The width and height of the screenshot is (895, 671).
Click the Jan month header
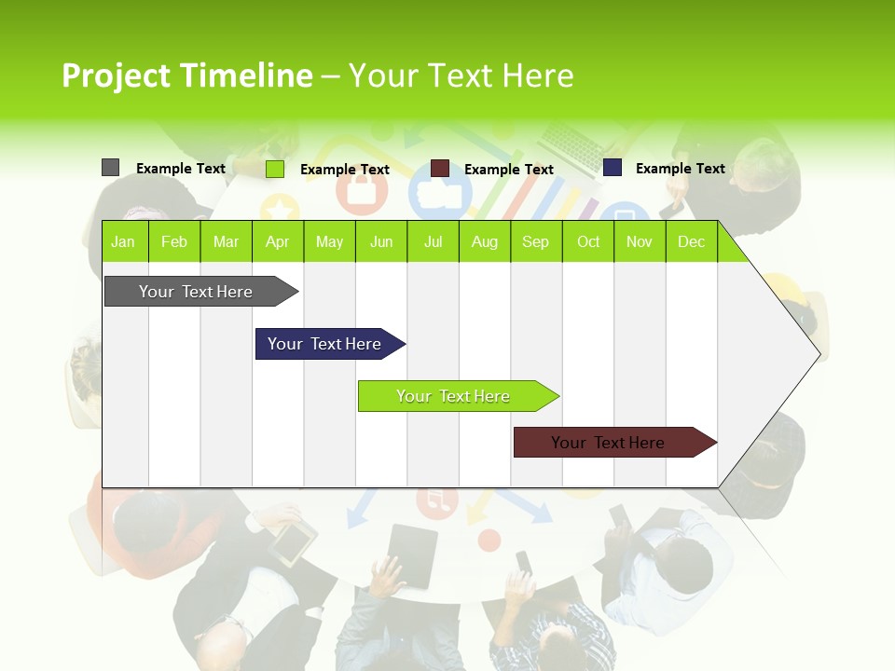123,241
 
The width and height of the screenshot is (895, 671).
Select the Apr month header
277,241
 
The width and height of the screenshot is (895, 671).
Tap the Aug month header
484,241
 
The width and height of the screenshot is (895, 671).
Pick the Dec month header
691,241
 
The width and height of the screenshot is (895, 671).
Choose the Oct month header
587,241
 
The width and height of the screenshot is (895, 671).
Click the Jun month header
380,241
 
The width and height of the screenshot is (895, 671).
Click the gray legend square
110,168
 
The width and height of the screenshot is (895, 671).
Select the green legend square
274,169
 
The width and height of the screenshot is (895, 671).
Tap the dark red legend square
440,169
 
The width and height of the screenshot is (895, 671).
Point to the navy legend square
612,168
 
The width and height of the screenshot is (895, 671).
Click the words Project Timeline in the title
186,75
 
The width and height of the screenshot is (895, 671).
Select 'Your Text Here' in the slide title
461,75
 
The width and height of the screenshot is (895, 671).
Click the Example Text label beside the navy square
680,169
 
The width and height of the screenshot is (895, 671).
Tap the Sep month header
535,241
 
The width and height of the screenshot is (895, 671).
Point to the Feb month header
174,241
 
